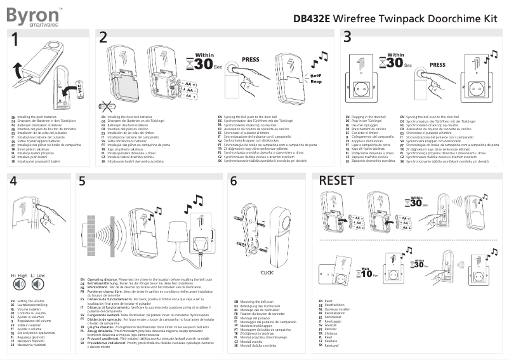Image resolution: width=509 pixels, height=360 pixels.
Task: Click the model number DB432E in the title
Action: (x=312, y=18)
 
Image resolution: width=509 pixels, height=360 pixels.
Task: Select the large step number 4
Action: (x=14, y=182)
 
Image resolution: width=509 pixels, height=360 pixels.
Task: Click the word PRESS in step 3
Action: (x=437, y=64)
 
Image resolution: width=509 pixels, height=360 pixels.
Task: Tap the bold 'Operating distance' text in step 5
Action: (x=104, y=279)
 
